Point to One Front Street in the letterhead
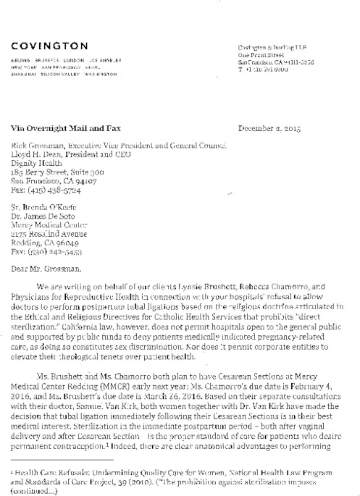259,54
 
